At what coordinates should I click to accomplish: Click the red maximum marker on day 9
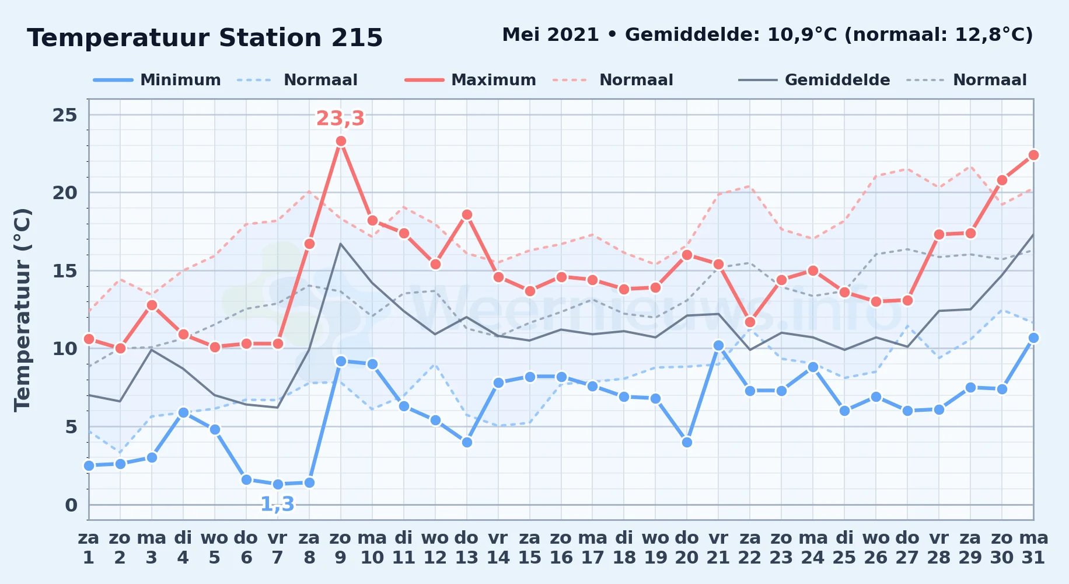[341, 141]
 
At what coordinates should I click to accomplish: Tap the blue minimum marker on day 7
[278, 484]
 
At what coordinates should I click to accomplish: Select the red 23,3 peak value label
[340, 119]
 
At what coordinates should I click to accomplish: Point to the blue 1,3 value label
[277, 504]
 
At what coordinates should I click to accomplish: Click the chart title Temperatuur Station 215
[205, 38]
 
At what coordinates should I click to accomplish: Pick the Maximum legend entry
[470, 80]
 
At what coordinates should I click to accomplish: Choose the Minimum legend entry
[157, 80]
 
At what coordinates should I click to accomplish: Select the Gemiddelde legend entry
[814, 80]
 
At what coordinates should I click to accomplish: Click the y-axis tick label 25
[65, 115]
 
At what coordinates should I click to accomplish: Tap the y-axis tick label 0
[71, 505]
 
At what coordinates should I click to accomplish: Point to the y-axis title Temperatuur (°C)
[22, 310]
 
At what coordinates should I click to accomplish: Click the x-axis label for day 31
[1033, 547]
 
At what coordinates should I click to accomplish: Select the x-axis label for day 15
[530, 547]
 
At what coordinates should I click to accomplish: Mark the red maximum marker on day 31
[1033, 155]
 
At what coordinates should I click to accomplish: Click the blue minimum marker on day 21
[718, 346]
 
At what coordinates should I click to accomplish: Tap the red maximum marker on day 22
[750, 322]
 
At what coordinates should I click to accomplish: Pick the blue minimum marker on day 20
[687, 442]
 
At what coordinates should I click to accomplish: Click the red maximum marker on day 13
[467, 215]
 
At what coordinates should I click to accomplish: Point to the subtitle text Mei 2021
[550, 35]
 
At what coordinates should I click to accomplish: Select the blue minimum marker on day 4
[183, 412]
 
